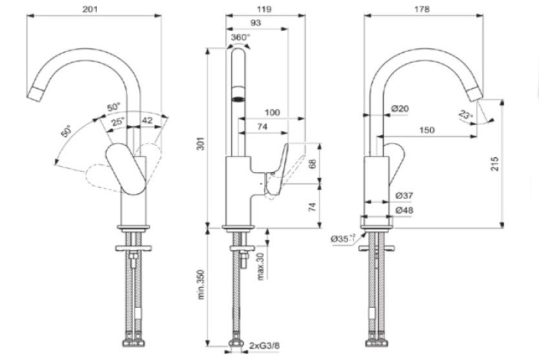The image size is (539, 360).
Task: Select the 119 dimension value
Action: [263, 9]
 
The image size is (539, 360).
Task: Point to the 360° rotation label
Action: [240, 37]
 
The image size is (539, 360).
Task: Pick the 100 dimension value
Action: [272, 113]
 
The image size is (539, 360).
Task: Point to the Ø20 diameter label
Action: [400, 108]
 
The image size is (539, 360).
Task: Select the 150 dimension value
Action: [426, 130]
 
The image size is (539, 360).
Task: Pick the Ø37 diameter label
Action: [403, 195]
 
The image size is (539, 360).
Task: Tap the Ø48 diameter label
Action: [403, 210]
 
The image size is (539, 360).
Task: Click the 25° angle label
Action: [117, 121]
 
